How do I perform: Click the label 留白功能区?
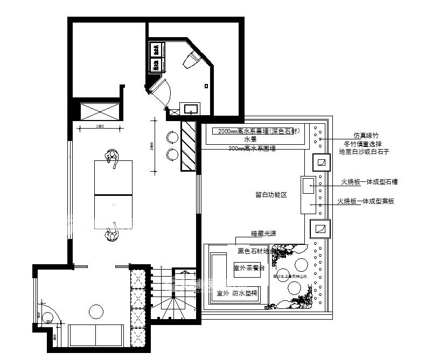coord(271,195)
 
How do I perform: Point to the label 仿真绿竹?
coord(366,136)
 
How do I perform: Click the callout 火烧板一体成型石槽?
coord(369,182)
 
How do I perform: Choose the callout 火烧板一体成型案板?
coord(366,201)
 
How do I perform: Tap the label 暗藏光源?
coord(263,234)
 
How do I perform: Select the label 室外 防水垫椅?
coord(236,293)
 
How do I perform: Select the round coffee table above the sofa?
coord(96,311)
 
